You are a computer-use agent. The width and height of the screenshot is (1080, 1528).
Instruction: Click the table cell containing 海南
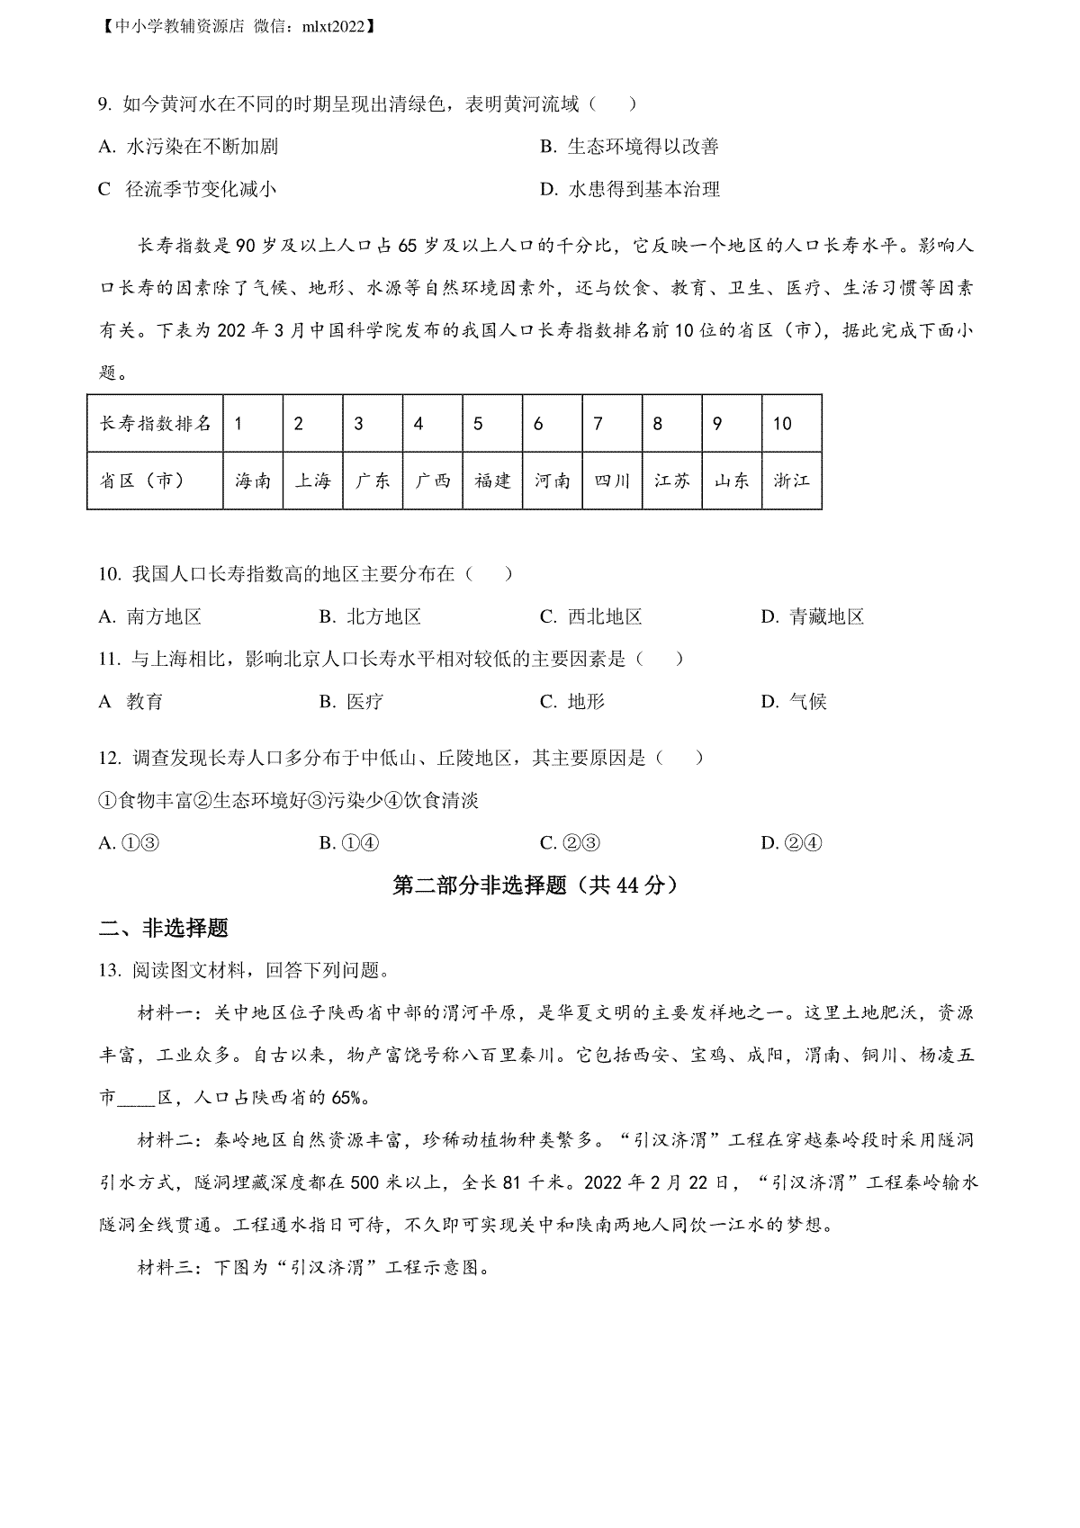coord(253,481)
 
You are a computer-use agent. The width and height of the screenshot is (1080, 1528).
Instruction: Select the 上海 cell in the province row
coord(312,481)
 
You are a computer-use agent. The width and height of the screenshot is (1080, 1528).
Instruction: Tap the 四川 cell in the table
coord(612,481)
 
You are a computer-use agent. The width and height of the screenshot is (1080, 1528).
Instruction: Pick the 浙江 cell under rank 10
coord(791,481)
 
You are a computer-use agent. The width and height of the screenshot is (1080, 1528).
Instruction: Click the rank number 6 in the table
coord(538,424)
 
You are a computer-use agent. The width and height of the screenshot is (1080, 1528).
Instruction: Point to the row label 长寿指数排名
coord(155,424)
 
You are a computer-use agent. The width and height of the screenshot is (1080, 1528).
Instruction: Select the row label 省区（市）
coord(142,481)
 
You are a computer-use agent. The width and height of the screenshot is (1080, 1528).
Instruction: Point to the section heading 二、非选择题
coord(163,928)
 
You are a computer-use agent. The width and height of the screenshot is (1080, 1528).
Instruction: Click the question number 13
coord(108,970)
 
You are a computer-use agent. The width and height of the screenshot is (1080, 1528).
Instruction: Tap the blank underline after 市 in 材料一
coord(137,1100)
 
